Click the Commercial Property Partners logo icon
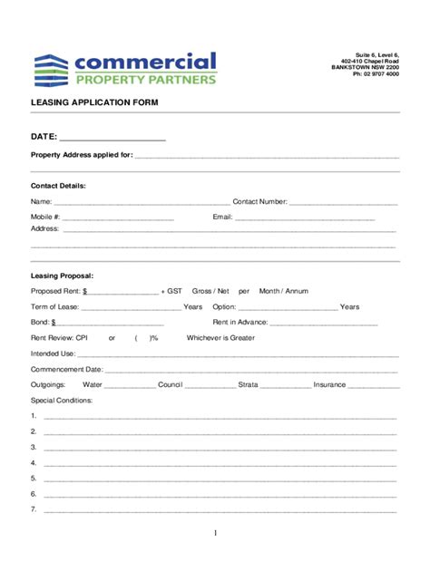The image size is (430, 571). click(51, 69)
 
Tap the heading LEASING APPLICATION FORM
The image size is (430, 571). click(94, 102)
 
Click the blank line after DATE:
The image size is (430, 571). click(112, 138)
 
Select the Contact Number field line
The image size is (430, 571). click(342, 202)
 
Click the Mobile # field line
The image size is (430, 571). click(118, 218)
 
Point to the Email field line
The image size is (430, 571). click(305, 218)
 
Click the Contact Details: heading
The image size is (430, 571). click(58, 186)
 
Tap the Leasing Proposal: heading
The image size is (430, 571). click(62, 275)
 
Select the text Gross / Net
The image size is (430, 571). click(210, 291)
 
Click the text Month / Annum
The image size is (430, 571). click(283, 291)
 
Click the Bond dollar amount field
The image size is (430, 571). click(109, 322)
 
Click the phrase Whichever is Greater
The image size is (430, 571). click(220, 338)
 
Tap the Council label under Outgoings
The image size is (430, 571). click(170, 384)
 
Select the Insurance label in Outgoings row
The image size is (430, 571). click(329, 384)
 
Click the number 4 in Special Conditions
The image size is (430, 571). click(34, 462)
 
